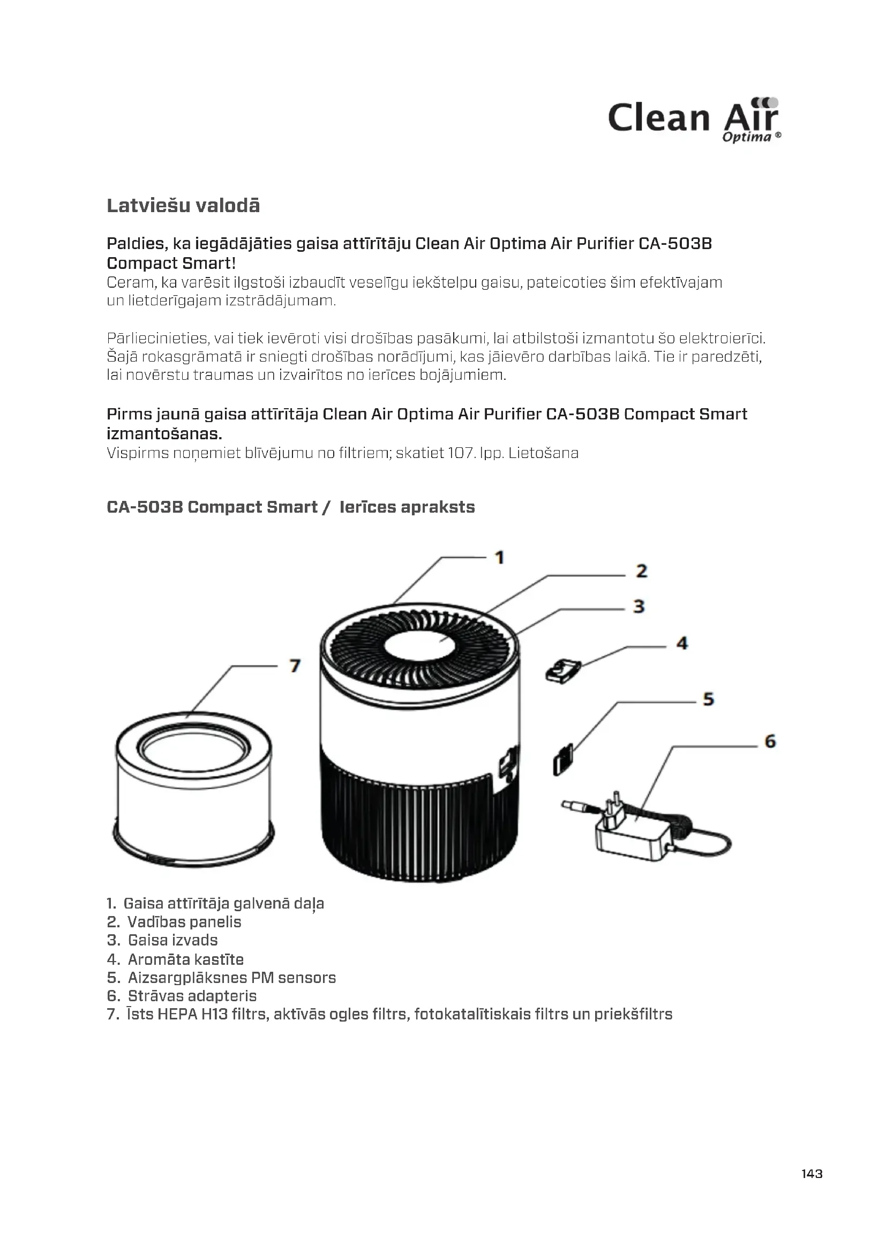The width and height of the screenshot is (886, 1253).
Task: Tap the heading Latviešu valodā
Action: coord(183,206)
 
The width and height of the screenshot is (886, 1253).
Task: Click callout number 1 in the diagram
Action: coord(499,558)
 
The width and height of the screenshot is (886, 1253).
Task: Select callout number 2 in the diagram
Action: coord(642,572)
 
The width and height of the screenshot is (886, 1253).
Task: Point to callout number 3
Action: coord(640,606)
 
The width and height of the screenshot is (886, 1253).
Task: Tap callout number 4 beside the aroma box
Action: coord(682,643)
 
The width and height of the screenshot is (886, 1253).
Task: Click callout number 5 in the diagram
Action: coord(708,699)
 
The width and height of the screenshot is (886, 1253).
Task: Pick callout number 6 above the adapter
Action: coord(770,741)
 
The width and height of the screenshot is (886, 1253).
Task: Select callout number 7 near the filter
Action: coord(295,666)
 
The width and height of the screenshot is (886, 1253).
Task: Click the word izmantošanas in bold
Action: coord(164,434)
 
